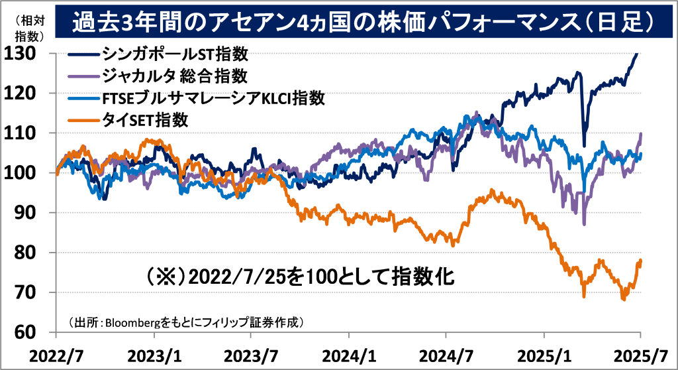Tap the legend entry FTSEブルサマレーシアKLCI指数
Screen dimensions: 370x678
(213, 97)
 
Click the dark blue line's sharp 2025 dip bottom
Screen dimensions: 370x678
(584, 145)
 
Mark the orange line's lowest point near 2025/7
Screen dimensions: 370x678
(623, 300)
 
